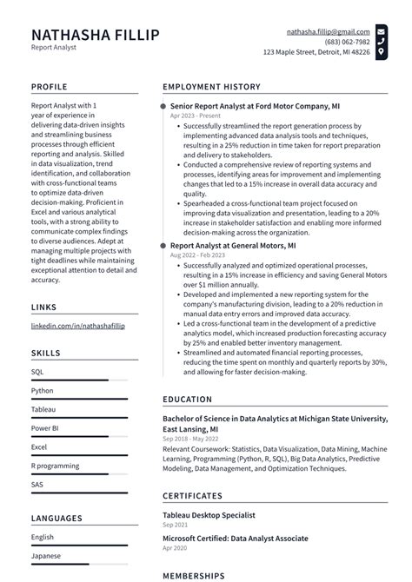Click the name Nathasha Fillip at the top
point(96,35)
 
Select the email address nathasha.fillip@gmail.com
point(328,31)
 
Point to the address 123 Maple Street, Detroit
point(316,52)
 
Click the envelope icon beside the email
point(381,31)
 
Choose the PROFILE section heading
point(50,87)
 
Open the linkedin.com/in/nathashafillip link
point(76,325)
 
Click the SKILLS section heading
point(46,354)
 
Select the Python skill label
point(43,390)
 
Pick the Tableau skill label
point(43,409)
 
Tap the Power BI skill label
point(45,427)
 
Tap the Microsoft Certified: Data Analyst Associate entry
point(235,539)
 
